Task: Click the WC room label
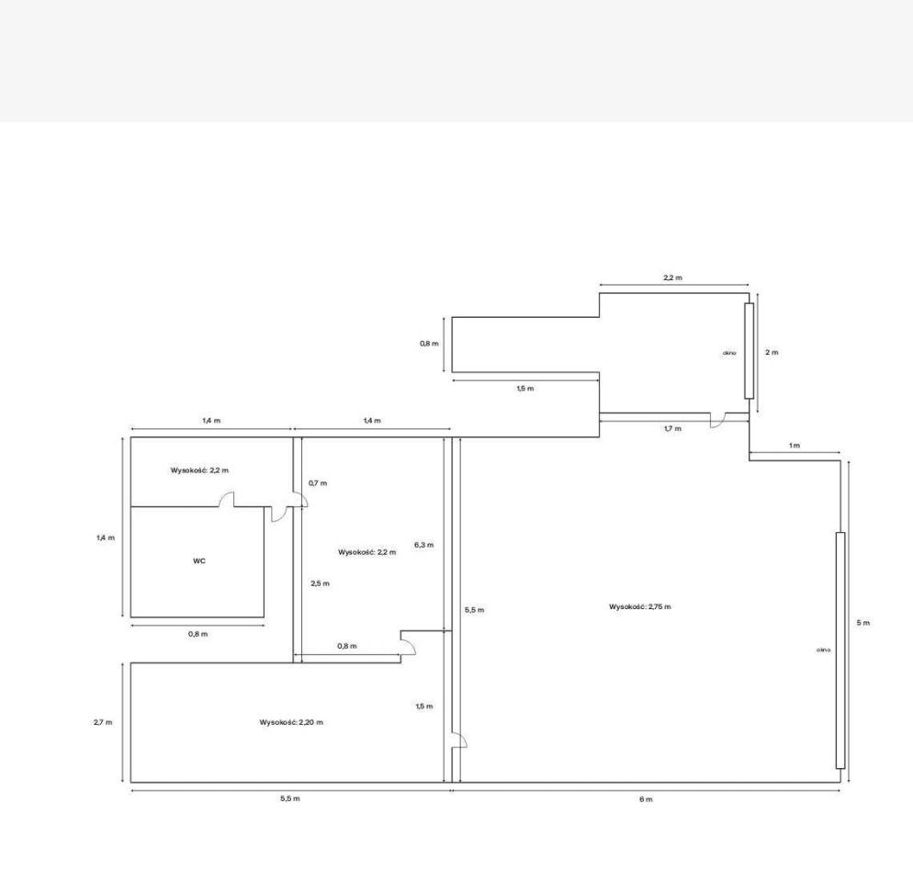click(199, 561)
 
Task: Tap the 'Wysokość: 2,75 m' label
click(640, 606)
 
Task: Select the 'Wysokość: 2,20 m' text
click(291, 722)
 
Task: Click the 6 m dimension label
click(646, 799)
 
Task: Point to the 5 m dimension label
click(862, 623)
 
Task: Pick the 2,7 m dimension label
click(103, 722)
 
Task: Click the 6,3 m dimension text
click(424, 546)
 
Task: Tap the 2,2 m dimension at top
click(672, 277)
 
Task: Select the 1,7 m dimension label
click(672, 429)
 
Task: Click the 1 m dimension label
click(795, 446)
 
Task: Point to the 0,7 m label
click(318, 483)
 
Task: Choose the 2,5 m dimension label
click(320, 583)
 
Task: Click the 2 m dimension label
click(772, 353)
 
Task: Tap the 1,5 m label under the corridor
click(525, 389)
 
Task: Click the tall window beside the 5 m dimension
click(840, 650)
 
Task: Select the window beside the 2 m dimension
click(749, 351)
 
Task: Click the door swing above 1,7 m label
click(717, 421)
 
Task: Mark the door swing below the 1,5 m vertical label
click(460, 740)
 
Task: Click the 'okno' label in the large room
click(823, 650)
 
